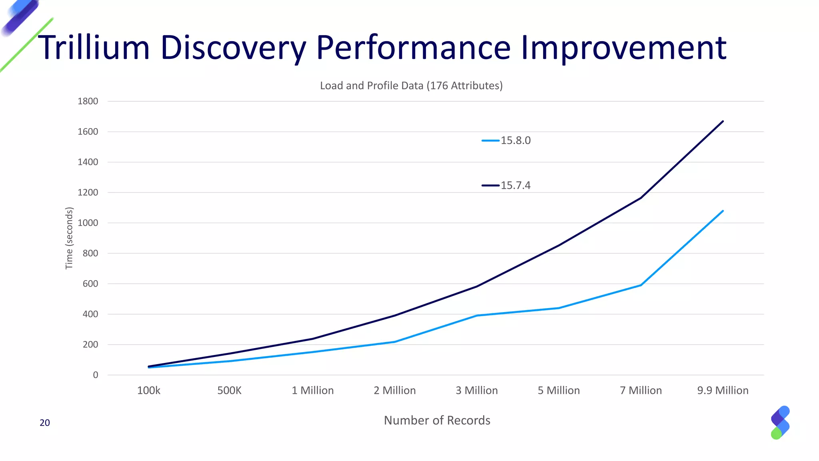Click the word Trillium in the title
tap(94, 48)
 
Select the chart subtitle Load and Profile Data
tap(411, 86)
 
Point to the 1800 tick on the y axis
tap(88, 101)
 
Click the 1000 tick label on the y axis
tap(88, 223)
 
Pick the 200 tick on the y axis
tap(90, 345)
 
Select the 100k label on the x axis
tap(148, 391)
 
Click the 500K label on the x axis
tap(229, 391)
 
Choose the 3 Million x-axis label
tap(477, 391)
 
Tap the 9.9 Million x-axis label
tap(723, 391)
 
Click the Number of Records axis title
tap(437, 420)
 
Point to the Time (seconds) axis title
tap(69, 238)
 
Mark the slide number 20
tap(45, 423)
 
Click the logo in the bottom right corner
tap(780, 423)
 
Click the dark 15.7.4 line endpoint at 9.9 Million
tap(723, 121)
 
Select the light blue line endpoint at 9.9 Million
tap(723, 211)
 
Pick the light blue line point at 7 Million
tap(641, 285)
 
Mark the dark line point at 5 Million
tap(559, 245)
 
